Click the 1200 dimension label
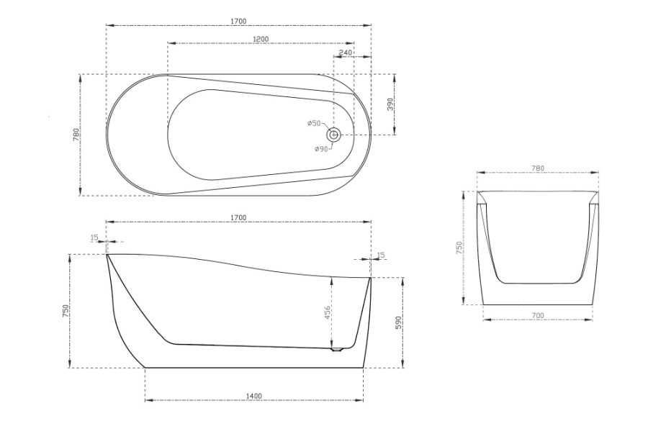261,39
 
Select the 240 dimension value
346,53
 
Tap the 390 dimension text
390,104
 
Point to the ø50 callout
314,123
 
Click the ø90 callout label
321,149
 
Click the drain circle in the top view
334,135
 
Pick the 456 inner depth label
327,313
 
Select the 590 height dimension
398,322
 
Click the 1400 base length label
253,397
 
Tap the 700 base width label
538,316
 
